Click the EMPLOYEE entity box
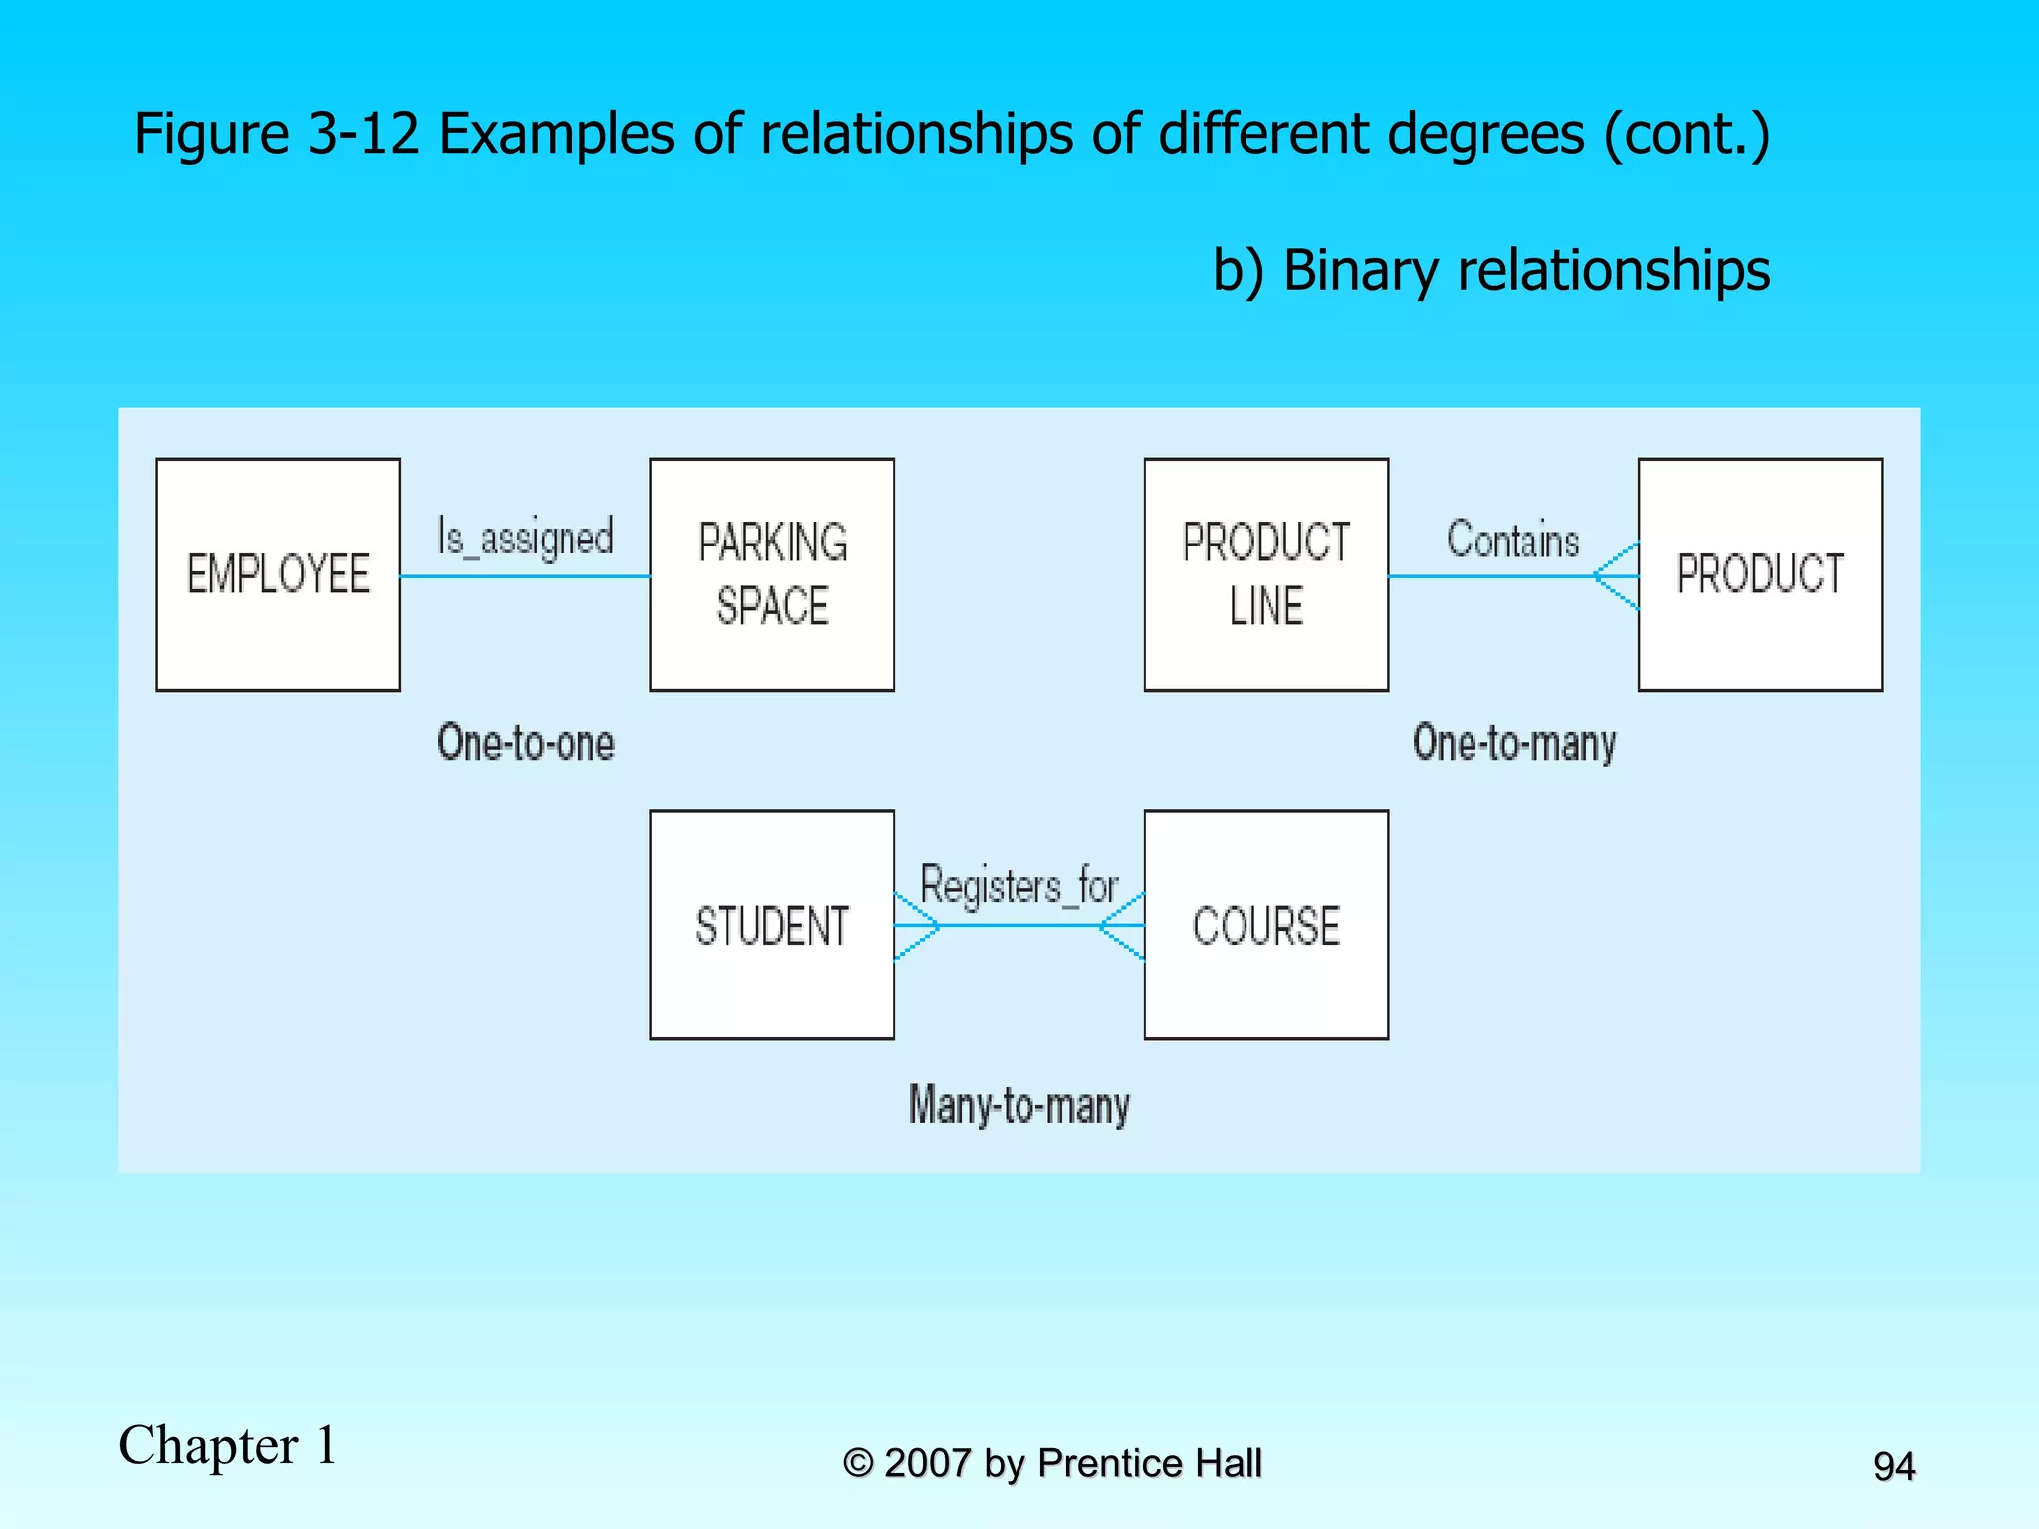click(x=279, y=574)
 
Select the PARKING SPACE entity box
click(x=772, y=574)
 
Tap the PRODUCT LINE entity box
click(x=1265, y=574)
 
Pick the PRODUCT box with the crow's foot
click(x=1759, y=574)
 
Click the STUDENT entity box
click(x=772, y=925)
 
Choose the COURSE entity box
click(x=1265, y=925)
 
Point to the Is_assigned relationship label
click(x=526, y=538)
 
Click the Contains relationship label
click(x=1512, y=540)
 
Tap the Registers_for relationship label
click(x=1019, y=885)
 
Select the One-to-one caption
click(x=526, y=743)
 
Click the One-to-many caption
click(x=1513, y=743)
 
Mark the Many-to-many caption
click(x=1019, y=1105)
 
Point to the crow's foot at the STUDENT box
click(x=916, y=926)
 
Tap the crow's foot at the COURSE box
click(x=1123, y=926)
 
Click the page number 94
click(x=1893, y=1466)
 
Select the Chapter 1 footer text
click(x=228, y=1445)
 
